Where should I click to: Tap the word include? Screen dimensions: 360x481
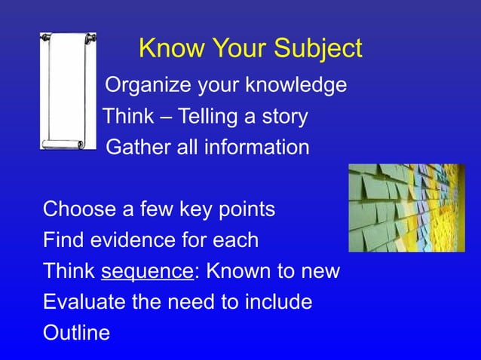tap(277, 302)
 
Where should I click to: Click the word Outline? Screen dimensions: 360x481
tap(76, 332)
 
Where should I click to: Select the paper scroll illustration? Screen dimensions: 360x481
tap(69, 90)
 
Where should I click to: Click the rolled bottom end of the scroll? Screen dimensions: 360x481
tap(68, 144)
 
